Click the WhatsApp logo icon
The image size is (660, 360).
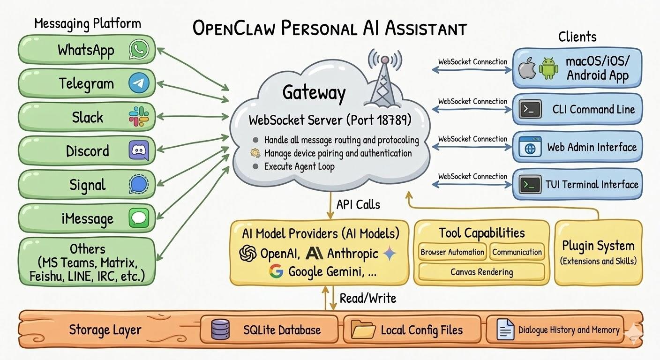point(139,49)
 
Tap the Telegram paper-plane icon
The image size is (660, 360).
point(139,83)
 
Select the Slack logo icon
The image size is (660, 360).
point(139,116)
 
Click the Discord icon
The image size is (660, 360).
point(139,150)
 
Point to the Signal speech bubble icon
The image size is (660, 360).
point(139,184)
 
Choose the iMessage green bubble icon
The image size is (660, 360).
point(139,218)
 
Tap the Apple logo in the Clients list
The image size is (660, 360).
point(527,69)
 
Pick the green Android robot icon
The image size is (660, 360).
point(548,68)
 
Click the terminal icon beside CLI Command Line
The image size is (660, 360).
point(530,110)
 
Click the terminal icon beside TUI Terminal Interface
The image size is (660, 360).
point(530,185)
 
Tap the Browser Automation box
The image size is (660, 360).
point(452,252)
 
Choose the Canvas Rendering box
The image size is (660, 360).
point(481,272)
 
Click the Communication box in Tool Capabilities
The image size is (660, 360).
point(517,252)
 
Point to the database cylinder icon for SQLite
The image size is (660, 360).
point(220,329)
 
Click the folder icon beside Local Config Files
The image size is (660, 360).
point(363,330)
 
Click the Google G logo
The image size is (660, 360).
point(277,271)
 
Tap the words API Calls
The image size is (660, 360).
point(358,204)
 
